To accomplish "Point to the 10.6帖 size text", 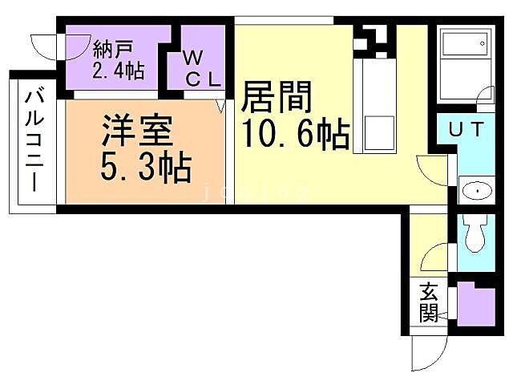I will pos(295,136).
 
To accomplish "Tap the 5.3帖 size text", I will pos(144,167).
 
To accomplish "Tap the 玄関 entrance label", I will pos(429,302).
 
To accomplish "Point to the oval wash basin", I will pos(477,191).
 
